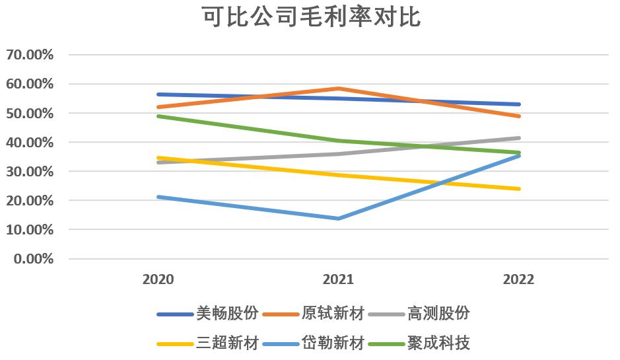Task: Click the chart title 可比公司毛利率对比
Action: [x=310, y=18]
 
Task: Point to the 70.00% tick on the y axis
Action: [x=30, y=55]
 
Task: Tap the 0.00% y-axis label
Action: [x=33, y=258]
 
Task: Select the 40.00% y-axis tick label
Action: [x=30, y=142]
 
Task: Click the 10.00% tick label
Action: [x=30, y=229]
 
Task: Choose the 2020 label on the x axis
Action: [x=158, y=279]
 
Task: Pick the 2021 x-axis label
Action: [x=338, y=279]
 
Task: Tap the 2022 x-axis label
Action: [x=518, y=279]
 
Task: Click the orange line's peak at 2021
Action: [x=338, y=89]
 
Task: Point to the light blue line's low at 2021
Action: [x=338, y=219]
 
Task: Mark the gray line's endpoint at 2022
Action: [x=519, y=138]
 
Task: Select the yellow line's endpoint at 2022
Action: [x=519, y=189]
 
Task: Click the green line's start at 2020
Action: [x=158, y=116]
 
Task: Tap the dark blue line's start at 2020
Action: [x=158, y=94]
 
